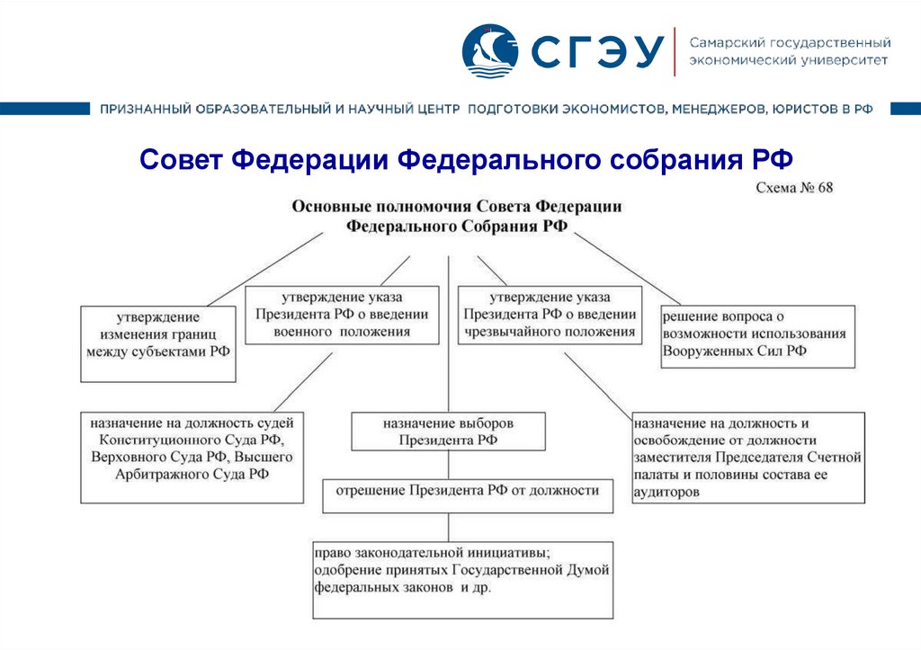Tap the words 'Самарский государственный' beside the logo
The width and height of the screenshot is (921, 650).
[790, 43]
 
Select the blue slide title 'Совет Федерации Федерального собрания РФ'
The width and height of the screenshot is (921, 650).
[467, 161]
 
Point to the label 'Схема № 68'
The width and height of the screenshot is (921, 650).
[796, 188]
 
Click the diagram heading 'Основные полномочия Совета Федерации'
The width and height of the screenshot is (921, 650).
[457, 206]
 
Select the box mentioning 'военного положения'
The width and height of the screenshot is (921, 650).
[342, 315]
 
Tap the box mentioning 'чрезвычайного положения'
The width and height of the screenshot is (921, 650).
[550, 315]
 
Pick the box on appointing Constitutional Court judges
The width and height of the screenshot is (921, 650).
[192, 457]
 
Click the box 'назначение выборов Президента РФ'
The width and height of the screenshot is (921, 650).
[448, 432]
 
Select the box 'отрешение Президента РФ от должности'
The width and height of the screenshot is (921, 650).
[468, 492]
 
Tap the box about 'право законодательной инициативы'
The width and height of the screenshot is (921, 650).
[462, 579]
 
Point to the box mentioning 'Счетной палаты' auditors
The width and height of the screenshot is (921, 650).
[747, 457]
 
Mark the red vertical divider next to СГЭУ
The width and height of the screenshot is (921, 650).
[675, 52]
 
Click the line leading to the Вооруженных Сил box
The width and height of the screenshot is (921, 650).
[626, 267]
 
